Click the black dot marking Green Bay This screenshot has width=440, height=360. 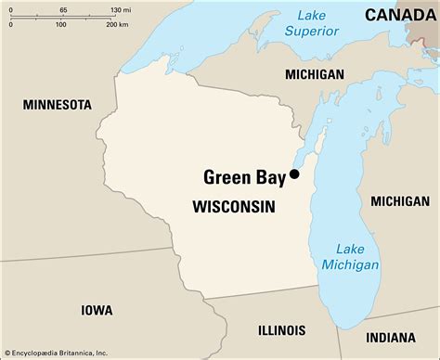point(294,174)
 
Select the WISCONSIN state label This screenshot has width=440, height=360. point(233,208)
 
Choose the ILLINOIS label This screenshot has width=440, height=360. point(280,329)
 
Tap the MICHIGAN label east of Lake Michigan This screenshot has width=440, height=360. point(400,201)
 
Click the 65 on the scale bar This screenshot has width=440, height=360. point(62,8)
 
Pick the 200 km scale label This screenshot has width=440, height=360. point(117,24)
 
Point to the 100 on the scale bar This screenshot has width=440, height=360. point(60,24)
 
